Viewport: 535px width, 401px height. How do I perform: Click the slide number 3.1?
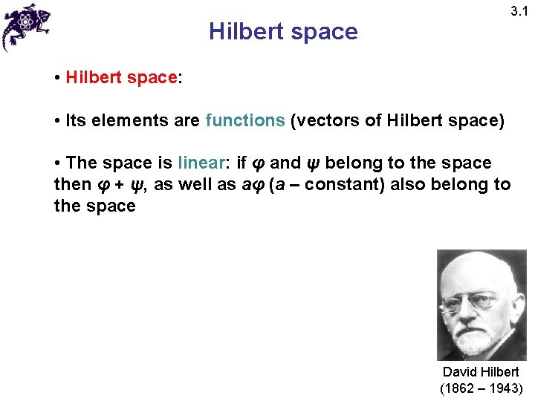[519, 11]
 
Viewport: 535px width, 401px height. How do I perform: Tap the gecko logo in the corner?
[26, 25]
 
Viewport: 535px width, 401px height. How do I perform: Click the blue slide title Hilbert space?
[283, 32]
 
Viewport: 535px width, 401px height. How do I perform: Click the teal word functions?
[245, 120]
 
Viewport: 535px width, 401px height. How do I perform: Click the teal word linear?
[204, 163]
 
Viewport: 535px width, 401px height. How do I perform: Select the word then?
[72, 184]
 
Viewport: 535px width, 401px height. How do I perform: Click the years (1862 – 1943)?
[481, 388]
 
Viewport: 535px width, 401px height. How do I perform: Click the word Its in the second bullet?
[76, 120]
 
